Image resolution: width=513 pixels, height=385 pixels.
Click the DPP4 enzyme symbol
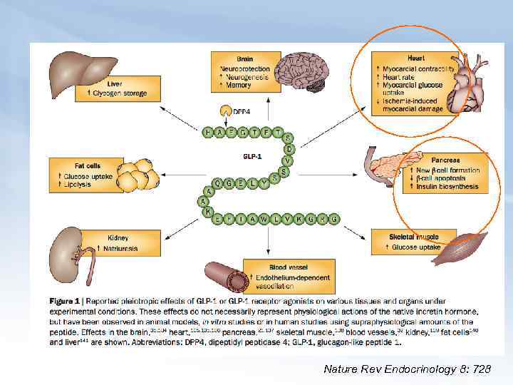pos(224,111)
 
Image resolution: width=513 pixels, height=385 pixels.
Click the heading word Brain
pos(245,58)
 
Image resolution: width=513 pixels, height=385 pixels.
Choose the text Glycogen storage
pos(120,93)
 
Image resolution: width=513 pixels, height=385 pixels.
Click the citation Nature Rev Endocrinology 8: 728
pos(407,369)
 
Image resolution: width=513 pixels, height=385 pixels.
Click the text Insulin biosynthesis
pos(447,187)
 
